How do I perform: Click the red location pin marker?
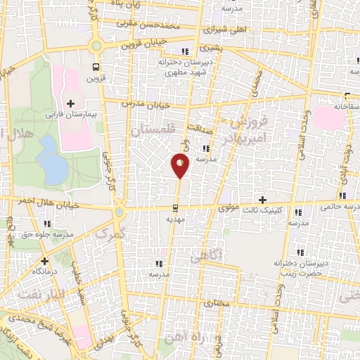[x=180, y=166]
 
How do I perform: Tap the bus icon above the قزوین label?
[x=96, y=67]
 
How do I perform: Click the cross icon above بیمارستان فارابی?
[x=70, y=103]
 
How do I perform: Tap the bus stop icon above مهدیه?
[x=176, y=207]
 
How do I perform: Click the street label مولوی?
[x=230, y=208]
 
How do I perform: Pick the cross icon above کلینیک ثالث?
[x=264, y=200]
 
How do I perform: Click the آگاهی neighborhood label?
[x=225, y=257]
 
